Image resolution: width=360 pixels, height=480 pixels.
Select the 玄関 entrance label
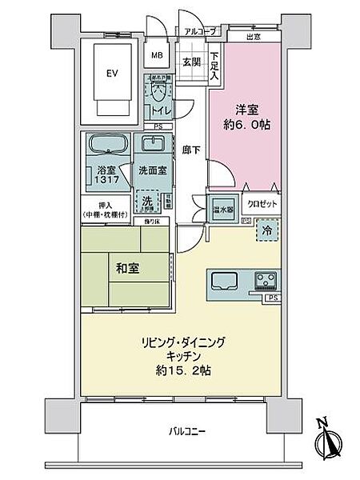pyautogui.click(x=190, y=62)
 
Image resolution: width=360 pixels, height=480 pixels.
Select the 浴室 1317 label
pyautogui.click(x=106, y=176)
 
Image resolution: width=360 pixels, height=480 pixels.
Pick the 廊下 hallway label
pyautogui.click(x=190, y=149)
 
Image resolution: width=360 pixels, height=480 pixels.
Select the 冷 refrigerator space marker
pyautogui.click(x=268, y=230)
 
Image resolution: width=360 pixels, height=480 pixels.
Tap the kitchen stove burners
pyautogui.click(x=265, y=281)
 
